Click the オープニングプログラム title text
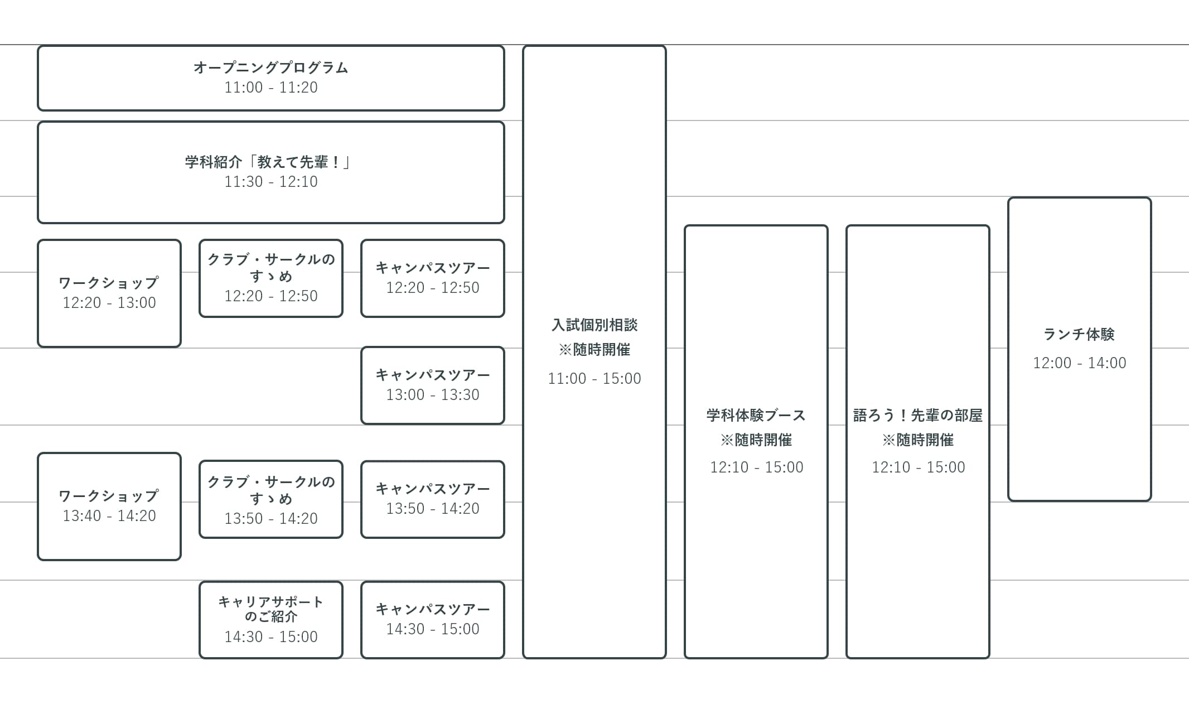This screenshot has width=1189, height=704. [x=270, y=67]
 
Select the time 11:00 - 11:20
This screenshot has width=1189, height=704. [x=270, y=88]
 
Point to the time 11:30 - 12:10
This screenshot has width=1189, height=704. [x=270, y=182]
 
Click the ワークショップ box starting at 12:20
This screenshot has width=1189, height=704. [x=109, y=293]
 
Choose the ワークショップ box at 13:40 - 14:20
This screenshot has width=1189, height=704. [x=109, y=507]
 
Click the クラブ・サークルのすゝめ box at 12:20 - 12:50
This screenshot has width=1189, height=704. [x=270, y=278]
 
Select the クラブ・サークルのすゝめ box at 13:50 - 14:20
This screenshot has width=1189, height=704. [x=270, y=499]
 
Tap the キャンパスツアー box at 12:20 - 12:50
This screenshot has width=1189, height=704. [x=432, y=278]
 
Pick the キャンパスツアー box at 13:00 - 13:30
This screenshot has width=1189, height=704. [x=432, y=385]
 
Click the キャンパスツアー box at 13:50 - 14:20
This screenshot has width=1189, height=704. [x=432, y=499]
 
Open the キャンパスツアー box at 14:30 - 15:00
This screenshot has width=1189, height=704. [x=432, y=620]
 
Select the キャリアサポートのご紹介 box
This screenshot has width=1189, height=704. [x=270, y=620]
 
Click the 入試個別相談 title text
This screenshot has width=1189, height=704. [x=594, y=325]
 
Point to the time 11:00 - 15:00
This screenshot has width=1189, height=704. [x=594, y=379]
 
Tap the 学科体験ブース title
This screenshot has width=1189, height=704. [x=756, y=415]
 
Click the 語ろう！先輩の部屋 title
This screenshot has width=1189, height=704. [x=917, y=415]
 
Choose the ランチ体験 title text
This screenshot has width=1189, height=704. [x=1079, y=334]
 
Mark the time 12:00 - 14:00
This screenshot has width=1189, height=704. [x=1079, y=363]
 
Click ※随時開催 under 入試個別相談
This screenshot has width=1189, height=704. [x=594, y=350]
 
